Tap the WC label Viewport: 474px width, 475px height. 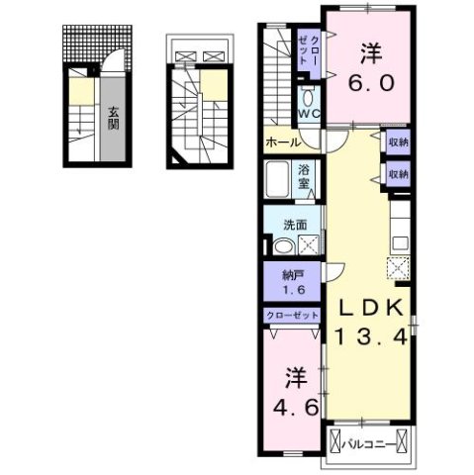click(x=308, y=113)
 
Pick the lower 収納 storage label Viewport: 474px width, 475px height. click(x=398, y=174)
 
